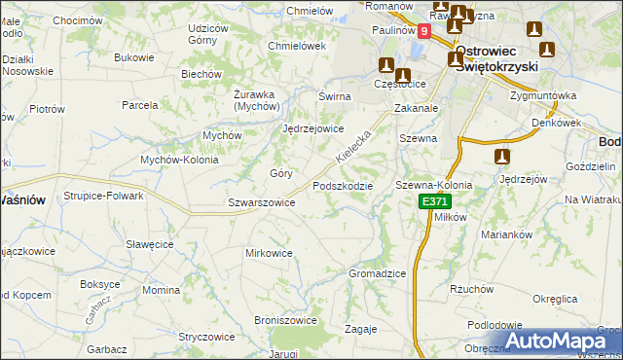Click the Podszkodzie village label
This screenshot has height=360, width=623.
342,186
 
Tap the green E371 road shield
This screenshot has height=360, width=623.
435,201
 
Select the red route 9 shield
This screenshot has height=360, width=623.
424,31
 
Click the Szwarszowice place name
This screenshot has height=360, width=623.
261,202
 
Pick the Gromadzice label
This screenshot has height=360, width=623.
377,273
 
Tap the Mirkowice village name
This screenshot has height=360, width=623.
269,253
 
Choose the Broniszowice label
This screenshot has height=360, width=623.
285,319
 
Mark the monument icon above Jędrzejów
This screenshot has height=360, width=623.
503,157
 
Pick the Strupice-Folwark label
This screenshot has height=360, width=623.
104,196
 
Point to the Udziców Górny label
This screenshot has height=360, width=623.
215,34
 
